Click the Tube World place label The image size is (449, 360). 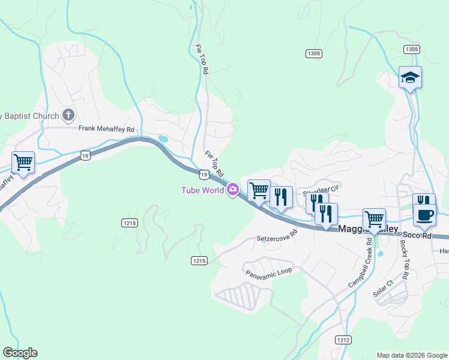coord(203,191)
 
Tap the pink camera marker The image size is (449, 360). coord(233,190)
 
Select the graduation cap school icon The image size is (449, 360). coord(410,77)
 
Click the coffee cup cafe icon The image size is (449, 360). coord(425,215)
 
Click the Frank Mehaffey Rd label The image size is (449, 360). coord(106,128)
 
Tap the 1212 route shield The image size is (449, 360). coord(343,339)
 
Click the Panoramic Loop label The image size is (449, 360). coord(268,271)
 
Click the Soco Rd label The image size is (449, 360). coord(417,236)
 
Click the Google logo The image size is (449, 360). coord(20,353)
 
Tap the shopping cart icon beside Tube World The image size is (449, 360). coord(259,191)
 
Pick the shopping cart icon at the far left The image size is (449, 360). coord(23,161)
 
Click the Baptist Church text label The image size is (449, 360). coord(30,116)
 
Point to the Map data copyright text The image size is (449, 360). coord(412,355)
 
